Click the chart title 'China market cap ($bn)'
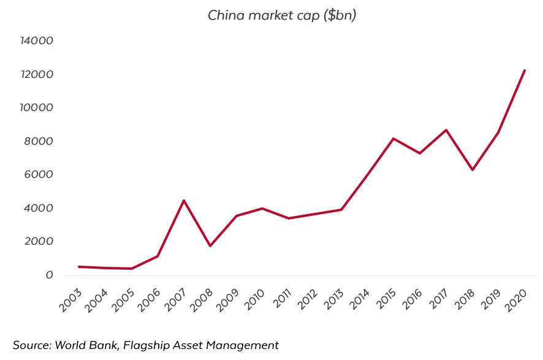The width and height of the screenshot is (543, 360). click(x=282, y=15)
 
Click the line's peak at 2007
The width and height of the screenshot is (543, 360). click(x=184, y=201)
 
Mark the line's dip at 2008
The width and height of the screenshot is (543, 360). click(x=210, y=246)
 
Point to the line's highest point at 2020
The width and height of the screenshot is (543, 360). click(x=525, y=71)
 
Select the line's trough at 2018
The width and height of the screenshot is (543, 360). click(x=472, y=170)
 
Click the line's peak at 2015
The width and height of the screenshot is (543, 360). click(x=393, y=139)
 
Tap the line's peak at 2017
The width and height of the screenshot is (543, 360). click(x=446, y=130)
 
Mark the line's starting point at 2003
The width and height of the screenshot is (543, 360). click(x=79, y=267)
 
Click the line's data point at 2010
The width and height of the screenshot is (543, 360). click(x=262, y=209)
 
